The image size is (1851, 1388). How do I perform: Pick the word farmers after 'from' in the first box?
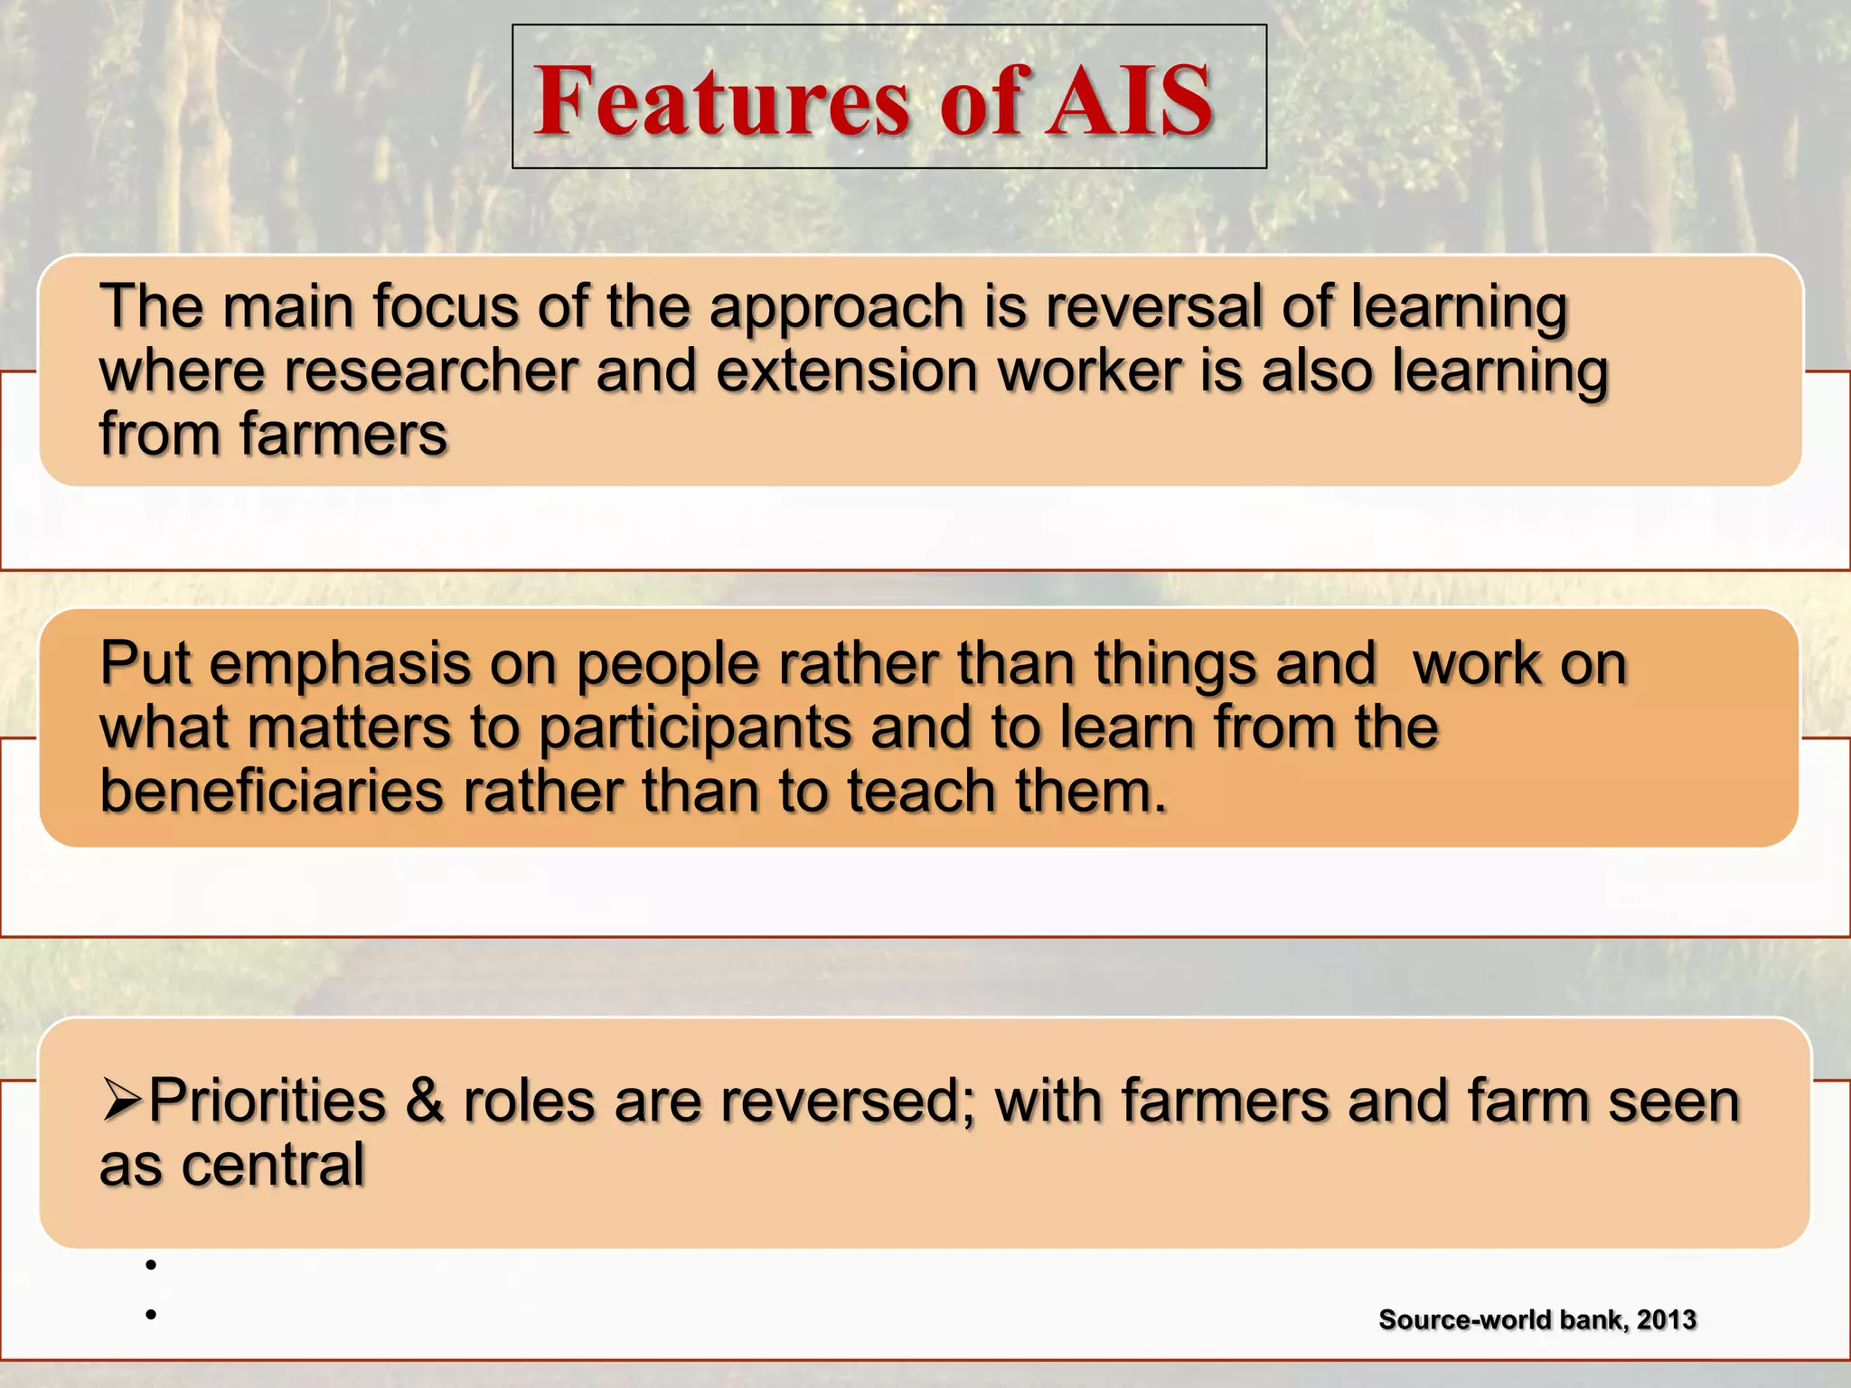(x=343, y=436)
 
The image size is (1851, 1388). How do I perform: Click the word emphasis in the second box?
(x=340, y=665)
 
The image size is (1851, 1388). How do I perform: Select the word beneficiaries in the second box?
(x=272, y=792)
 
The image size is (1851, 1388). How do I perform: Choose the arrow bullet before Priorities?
(x=121, y=1102)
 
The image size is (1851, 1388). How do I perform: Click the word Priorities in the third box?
(x=268, y=1102)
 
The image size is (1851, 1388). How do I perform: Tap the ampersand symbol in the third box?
(x=425, y=1102)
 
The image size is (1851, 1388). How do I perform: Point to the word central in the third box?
(x=273, y=1166)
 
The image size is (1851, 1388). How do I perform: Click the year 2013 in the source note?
(x=1666, y=1320)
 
